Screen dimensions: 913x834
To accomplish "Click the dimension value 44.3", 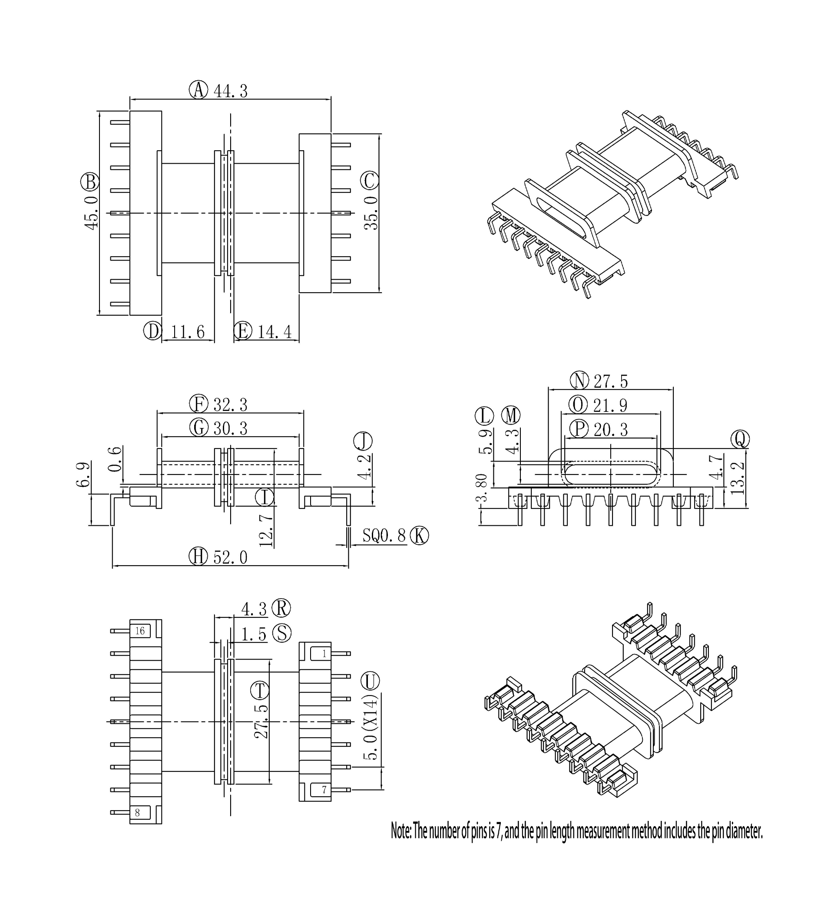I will pos(231,91).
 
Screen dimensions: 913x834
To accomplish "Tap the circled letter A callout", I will pos(198,90).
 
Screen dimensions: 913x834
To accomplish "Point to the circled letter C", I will pos(370,181).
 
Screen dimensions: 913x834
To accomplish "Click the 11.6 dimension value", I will pos(188,332).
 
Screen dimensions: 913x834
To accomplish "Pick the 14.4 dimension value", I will pos(275,332).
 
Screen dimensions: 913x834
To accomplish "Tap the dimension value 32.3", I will pos(231,405).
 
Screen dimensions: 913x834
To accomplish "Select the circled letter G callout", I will pos(199,428).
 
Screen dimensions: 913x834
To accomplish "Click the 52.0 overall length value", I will pos(231,557).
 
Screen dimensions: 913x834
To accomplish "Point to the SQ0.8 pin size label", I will pos(383,536).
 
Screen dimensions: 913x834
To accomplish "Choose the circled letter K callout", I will pos(419,535).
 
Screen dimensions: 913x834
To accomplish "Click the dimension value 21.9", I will pos(610,405).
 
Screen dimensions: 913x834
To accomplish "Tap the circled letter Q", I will pos(740,439).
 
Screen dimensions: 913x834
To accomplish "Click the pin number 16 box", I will pos(140,631).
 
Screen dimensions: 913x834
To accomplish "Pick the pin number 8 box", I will pos(137,813).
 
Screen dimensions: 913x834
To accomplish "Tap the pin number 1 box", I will pos(324,653).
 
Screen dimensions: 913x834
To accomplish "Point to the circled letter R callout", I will pos(281,608).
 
